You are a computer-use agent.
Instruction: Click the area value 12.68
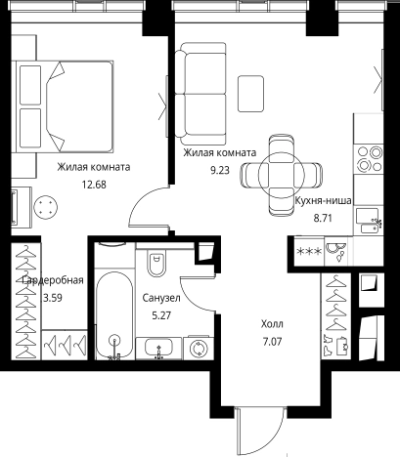[94, 185]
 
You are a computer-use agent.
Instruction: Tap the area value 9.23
[220, 170]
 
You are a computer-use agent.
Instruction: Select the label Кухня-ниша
[323, 200]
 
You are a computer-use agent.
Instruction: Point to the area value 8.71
[323, 218]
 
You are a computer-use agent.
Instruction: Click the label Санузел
[161, 298]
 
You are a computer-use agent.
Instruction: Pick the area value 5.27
[161, 315]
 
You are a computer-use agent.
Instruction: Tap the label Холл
[272, 324]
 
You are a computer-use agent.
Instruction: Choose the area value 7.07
[272, 342]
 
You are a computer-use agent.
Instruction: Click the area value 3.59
[53, 298]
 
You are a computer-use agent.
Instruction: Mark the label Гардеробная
[53, 280]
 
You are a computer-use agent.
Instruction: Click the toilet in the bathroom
[156, 262]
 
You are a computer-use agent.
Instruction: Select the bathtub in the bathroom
[114, 315]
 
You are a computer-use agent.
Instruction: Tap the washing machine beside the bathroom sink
[199, 349]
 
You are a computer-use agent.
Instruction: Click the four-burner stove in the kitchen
[370, 159]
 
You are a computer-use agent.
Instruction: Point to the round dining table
[282, 175]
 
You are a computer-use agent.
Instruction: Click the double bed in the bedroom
[65, 106]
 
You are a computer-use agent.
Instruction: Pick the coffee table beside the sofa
[250, 94]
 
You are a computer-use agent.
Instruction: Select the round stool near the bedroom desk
[46, 207]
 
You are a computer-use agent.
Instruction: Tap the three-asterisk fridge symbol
[308, 252]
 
